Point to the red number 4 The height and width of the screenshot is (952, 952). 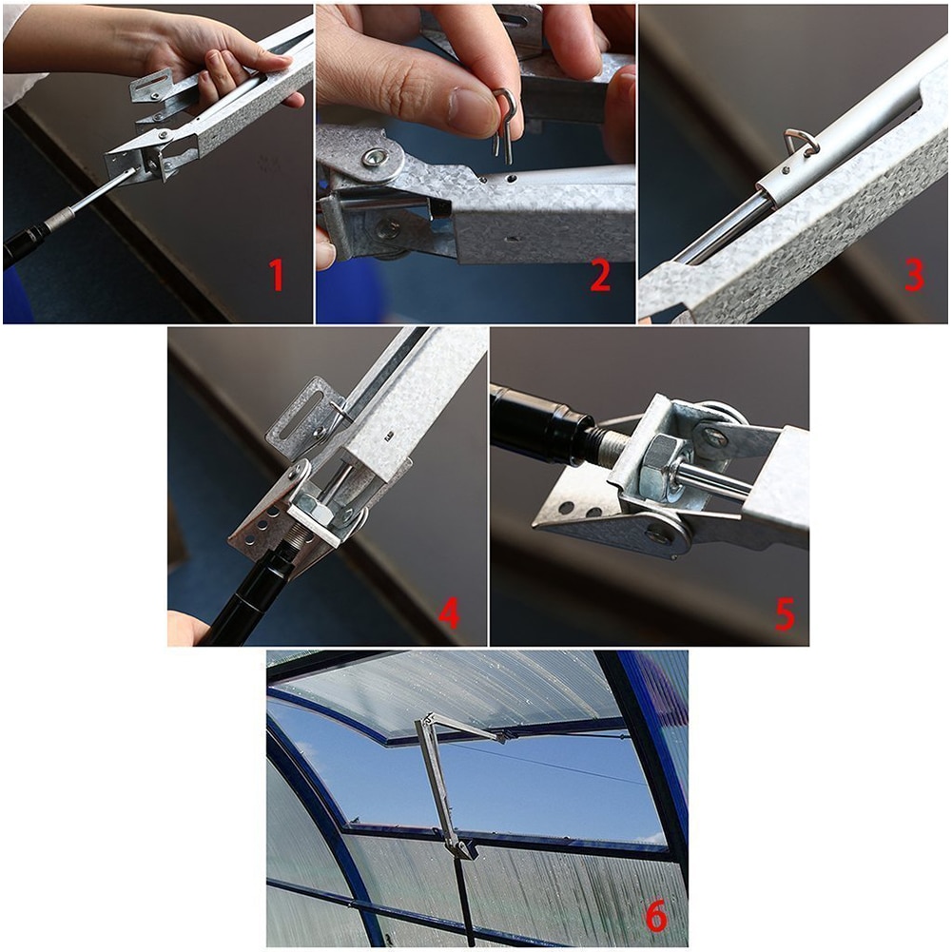coord(448,613)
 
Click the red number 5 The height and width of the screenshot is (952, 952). coord(785,613)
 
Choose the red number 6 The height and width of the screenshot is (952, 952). coord(655,918)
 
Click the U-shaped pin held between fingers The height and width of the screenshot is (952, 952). coord(505,124)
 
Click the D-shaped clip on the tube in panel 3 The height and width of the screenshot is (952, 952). coord(801,143)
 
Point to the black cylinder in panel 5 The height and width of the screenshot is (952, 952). coord(537,423)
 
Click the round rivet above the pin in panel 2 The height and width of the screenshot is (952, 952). coord(376,158)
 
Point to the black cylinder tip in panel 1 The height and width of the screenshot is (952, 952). coord(24,243)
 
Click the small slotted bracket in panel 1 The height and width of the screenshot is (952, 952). coord(152,86)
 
